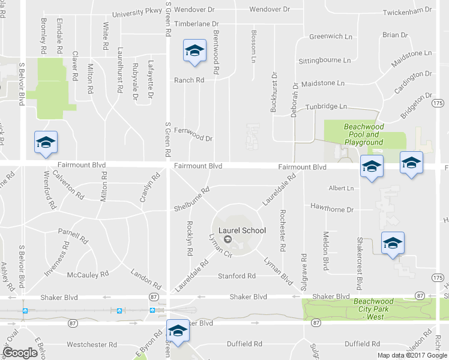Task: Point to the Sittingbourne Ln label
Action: [324, 61]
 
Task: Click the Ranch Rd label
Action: [189, 80]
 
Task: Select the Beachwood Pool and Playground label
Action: [363, 134]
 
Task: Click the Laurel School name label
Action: [243, 230]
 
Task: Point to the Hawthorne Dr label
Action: [332, 209]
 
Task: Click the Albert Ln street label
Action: [341, 188]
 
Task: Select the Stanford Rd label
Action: [237, 276]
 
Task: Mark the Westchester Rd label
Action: [91, 344]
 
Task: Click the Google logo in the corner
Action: [20, 352]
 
